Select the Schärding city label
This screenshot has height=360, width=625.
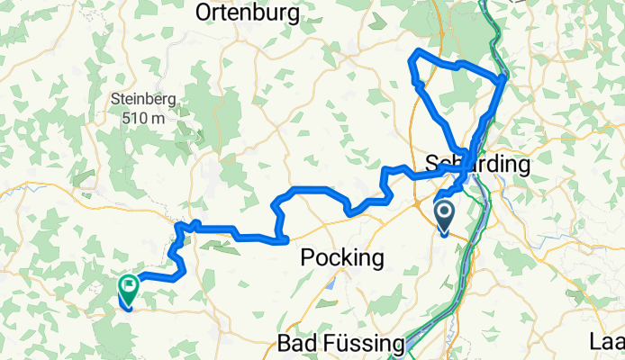click(x=477, y=165)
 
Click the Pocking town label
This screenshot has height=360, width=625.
click(x=341, y=257)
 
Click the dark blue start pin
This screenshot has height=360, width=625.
click(x=446, y=217)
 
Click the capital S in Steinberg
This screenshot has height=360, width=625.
click(x=114, y=100)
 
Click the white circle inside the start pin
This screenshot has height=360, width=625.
click(x=446, y=213)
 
